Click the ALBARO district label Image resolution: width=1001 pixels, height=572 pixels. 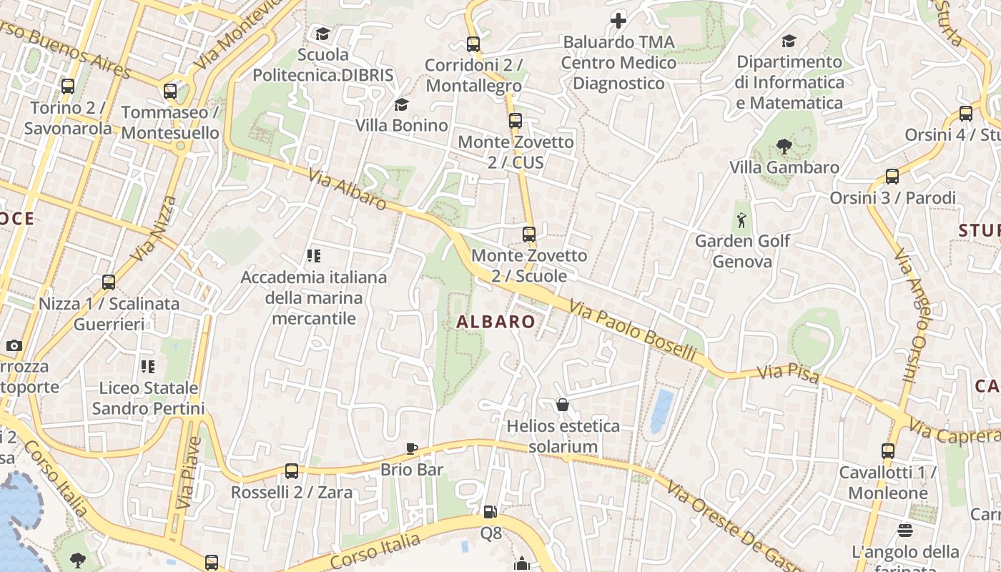[495, 322]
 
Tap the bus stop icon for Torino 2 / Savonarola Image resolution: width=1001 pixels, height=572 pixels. [68, 87]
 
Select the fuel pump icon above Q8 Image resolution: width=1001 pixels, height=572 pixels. [490, 512]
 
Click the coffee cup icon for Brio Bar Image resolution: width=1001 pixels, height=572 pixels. [412, 448]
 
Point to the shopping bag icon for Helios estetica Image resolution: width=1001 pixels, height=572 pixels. [563, 405]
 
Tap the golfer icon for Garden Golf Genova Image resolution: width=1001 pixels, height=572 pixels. [741, 220]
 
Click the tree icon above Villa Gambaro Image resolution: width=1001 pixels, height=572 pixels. [784, 147]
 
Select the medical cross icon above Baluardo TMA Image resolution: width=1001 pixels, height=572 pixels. [618, 21]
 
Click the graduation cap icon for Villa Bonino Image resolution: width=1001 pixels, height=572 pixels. [401, 105]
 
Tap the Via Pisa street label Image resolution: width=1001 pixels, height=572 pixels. [788, 373]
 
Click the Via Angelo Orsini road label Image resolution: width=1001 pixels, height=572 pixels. [912, 315]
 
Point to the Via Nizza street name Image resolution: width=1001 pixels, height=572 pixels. [154, 228]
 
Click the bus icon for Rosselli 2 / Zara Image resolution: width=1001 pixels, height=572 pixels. [291, 471]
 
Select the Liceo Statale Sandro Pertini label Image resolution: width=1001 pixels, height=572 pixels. [148, 398]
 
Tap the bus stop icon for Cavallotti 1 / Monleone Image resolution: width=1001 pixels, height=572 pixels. [887, 451]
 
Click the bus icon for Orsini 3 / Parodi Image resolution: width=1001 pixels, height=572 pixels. [892, 177]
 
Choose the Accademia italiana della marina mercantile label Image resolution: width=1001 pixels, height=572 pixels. [314, 297]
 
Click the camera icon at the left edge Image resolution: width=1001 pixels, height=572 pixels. [14, 346]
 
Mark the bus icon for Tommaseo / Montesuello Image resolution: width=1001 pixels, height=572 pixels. [170, 92]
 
